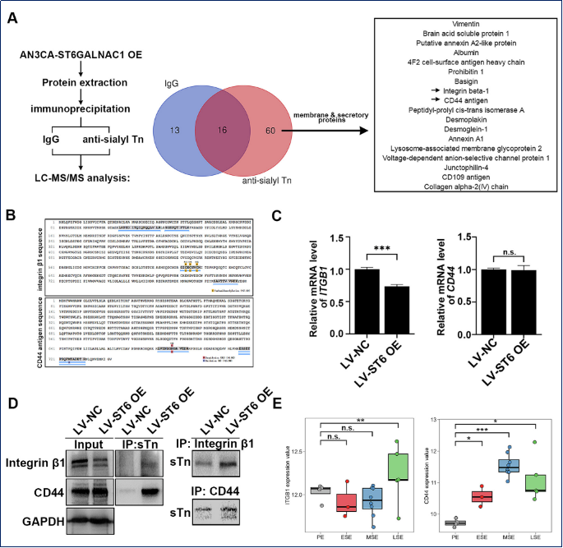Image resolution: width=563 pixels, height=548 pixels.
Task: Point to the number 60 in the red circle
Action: (270, 130)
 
